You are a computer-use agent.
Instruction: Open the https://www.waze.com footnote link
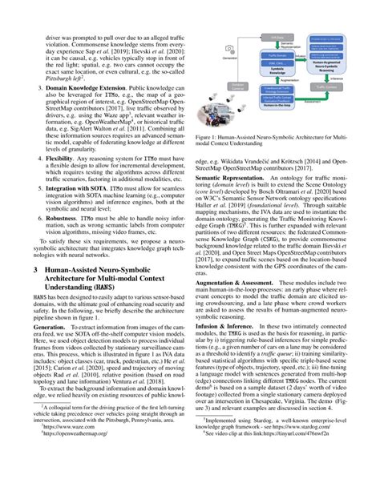(x=75, y=472)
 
